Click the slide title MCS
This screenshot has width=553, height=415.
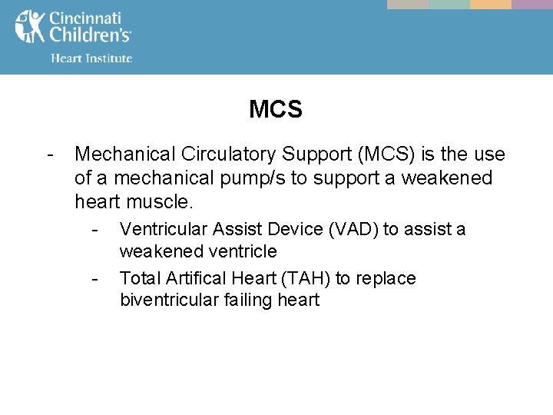pos(276,110)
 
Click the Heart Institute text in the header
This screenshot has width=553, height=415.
pos(91,58)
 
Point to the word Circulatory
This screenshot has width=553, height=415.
pos(220,154)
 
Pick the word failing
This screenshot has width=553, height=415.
pos(246,300)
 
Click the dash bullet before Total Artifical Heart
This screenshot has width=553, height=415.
pos(94,277)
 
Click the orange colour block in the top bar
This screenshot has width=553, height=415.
pos(490,5)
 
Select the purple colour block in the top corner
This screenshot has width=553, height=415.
pos(532,5)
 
